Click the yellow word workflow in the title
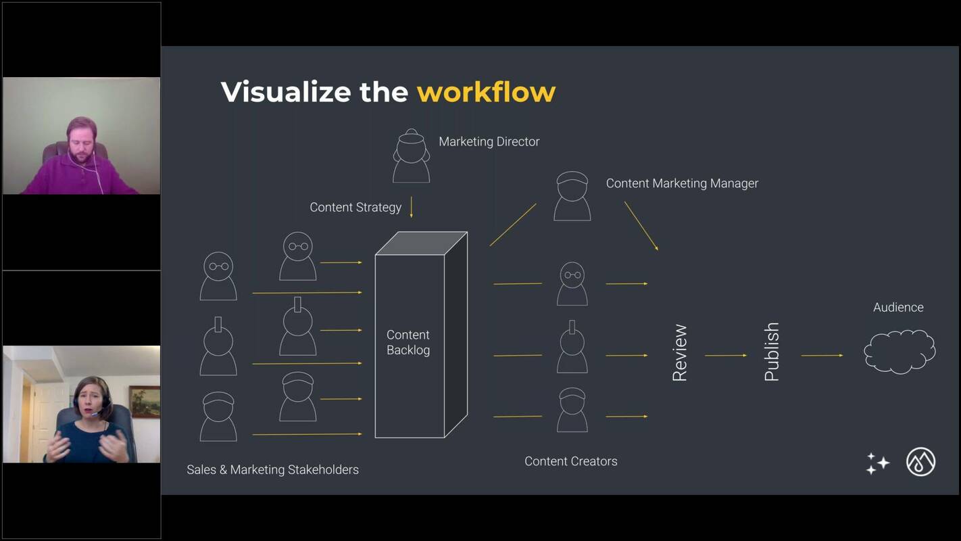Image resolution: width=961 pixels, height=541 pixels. point(486,92)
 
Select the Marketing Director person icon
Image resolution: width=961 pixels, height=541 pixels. point(411,156)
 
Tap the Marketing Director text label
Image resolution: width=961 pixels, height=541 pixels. point(489,142)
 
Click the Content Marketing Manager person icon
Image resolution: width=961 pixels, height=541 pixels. point(572,196)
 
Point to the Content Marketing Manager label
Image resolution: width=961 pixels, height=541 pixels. point(682,183)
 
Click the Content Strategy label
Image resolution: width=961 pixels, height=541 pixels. point(355,208)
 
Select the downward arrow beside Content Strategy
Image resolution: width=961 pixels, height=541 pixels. point(411,207)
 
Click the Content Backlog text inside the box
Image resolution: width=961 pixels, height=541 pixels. point(408,342)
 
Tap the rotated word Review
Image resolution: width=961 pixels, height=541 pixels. point(680,352)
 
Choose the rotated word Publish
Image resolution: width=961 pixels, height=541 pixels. point(771,352)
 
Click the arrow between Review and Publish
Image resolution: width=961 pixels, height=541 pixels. point(725,355)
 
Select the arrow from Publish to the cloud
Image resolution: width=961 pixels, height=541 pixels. point(822,355)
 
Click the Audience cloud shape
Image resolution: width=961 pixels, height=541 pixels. point(899,351)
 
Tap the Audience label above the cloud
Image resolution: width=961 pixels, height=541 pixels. point(898,308)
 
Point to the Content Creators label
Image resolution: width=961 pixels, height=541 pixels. point(570,461)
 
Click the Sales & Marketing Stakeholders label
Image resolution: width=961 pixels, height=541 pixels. point(272,469)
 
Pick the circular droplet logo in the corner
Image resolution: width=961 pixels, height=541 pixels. point(920,463)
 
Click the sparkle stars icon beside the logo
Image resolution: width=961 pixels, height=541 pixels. point(877,463)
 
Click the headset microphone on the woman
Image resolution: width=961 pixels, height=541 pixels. point(99,413)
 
